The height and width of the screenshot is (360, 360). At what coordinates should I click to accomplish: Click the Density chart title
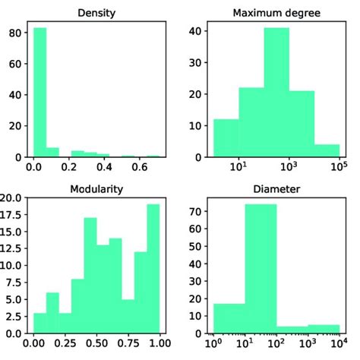[x=96, y=13]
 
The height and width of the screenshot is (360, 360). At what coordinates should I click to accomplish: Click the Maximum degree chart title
[x=276, y=13]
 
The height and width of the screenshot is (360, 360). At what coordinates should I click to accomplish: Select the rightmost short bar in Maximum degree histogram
[x=327, y=150]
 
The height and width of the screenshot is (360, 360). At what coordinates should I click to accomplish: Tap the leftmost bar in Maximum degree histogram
[x=226, y=138]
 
